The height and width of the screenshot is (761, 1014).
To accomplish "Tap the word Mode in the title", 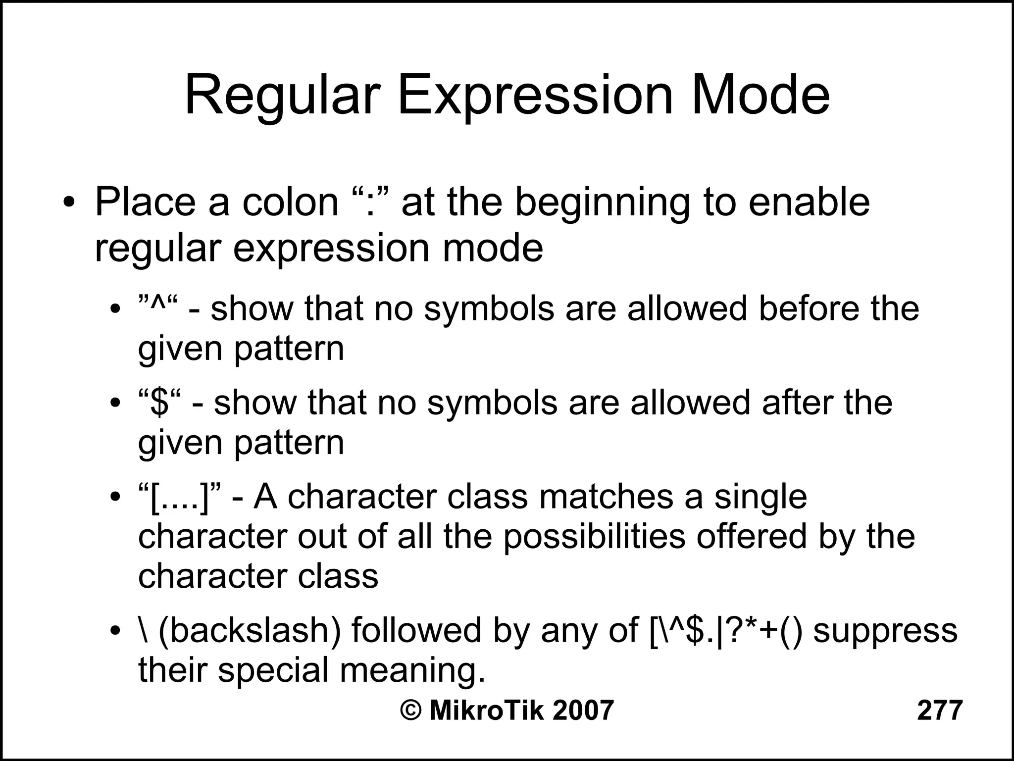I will pos(760,95).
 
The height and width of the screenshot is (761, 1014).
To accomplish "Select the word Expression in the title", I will pos(535,95).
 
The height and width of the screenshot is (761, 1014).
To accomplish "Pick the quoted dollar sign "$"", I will pos(159,402).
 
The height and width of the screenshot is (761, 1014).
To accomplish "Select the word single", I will pos(760,497).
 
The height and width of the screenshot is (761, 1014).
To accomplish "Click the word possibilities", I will pos(594,537).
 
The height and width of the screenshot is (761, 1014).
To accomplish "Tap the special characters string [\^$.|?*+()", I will pos(726,631).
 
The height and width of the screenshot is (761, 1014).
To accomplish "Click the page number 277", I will pos(940,710).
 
